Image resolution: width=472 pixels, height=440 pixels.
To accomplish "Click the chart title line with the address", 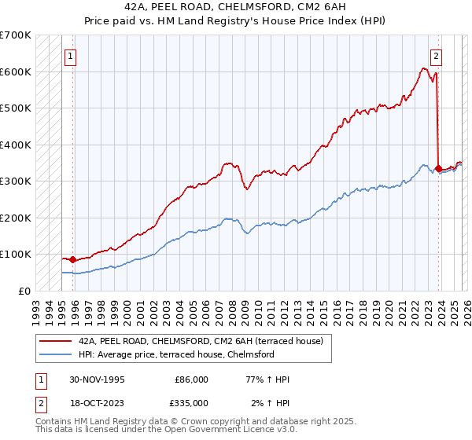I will point(235,7).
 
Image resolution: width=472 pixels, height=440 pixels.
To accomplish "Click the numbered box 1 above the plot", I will point(71,56).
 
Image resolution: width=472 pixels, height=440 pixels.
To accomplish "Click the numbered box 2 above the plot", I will point(436,56).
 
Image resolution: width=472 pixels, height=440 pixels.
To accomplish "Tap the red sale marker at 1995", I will point(73,259).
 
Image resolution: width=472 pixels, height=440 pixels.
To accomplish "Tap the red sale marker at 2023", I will point(438,168).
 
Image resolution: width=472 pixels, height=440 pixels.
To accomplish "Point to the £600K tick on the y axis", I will point(16,71).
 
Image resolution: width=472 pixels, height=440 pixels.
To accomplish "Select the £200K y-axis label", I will point(16,218).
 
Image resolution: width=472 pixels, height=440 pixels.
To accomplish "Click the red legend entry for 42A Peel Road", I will point(205,341).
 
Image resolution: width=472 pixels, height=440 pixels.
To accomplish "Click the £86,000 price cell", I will point(191,379).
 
